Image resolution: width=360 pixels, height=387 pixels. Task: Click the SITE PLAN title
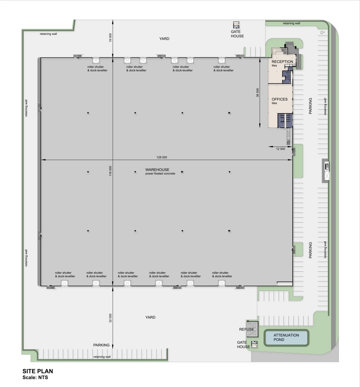(x=38, y=371)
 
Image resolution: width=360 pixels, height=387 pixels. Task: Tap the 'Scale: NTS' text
(x=35, y=377)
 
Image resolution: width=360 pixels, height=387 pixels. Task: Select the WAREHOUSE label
(x=157, y=169)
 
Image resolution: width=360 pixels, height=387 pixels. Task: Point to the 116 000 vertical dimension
(x=110, y=171)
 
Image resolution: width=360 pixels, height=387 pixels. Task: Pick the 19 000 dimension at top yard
(x=110, y=38)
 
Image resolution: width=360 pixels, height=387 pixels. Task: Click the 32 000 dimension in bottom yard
(x=110, y=318)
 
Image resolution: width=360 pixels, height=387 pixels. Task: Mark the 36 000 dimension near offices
(x=258, y=92)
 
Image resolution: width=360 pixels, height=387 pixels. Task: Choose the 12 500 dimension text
(x=280, y=149)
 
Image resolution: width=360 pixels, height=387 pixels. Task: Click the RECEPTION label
(x=282, y=62)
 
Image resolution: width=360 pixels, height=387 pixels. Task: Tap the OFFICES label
(x=280, y=99)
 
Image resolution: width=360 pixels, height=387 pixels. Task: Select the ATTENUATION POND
(x=286, y=337)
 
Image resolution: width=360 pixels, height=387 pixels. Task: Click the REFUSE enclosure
(x=247, y=329)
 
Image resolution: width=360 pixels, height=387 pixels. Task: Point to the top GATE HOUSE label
(x=237, y=34)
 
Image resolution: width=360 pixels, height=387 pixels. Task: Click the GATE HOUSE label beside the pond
(x=244, y=345)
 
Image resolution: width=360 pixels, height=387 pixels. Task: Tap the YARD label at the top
(x=164, y=39)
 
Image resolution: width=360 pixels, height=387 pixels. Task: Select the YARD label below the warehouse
(x=150, y=317)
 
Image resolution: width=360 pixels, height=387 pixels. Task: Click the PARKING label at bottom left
(x=102, y=345)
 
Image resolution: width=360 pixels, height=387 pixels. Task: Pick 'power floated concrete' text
(x=160, y=174)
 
